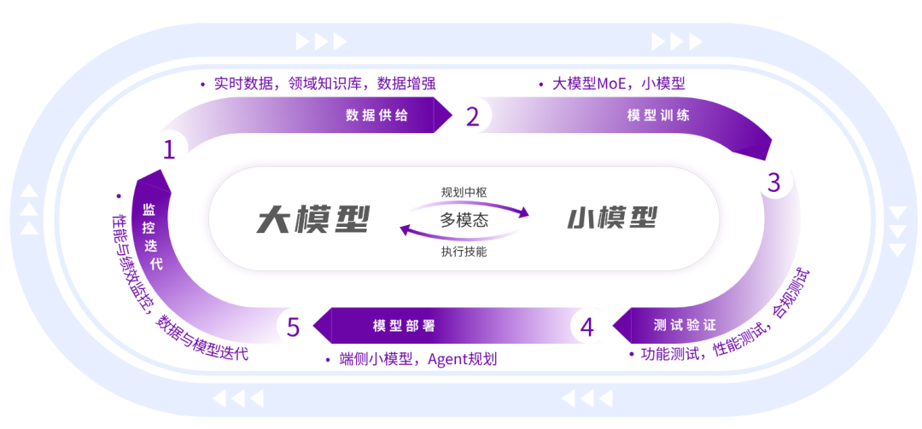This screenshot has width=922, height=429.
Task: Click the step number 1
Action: (x=169, y=150)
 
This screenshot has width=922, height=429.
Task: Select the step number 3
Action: (x=773, y=183)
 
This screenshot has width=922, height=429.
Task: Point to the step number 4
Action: (x=587, y=327)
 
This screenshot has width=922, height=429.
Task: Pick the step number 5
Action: (x=294, y=327)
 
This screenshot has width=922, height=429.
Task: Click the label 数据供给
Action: (x=376, y=116)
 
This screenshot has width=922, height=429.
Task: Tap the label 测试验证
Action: (x=684, y=326)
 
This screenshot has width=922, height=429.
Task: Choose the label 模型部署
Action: (x=404, y=326)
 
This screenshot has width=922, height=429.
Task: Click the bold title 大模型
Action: (x=313, y=220)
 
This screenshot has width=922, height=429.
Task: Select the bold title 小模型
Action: (x=612, y=219)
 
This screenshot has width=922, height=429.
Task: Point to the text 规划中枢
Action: (x=464, y=192)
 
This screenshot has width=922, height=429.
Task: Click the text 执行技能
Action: (x=464, y=252)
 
